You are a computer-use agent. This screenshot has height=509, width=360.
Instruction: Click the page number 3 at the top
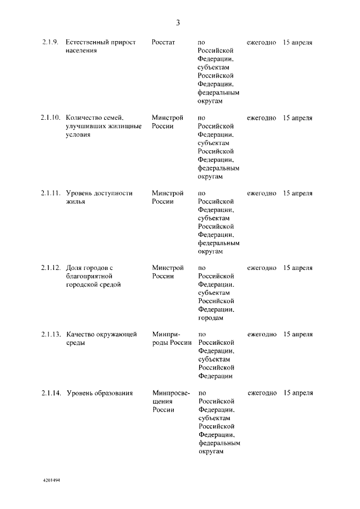point(178,23)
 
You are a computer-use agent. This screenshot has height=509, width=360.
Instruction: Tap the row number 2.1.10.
point(50,118)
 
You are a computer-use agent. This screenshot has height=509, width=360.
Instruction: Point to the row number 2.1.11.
point(50,193)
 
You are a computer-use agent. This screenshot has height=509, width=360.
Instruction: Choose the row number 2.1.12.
point(50,268)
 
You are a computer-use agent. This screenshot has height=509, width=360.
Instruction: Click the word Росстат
point(163,43)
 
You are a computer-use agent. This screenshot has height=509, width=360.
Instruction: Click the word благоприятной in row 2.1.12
point(90,276)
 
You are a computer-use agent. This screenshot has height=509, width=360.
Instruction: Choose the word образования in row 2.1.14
point(112,393)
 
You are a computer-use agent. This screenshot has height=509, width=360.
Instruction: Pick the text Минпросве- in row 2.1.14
point(171,393)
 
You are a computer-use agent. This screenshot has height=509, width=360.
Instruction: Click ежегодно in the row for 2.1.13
point(262,335)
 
